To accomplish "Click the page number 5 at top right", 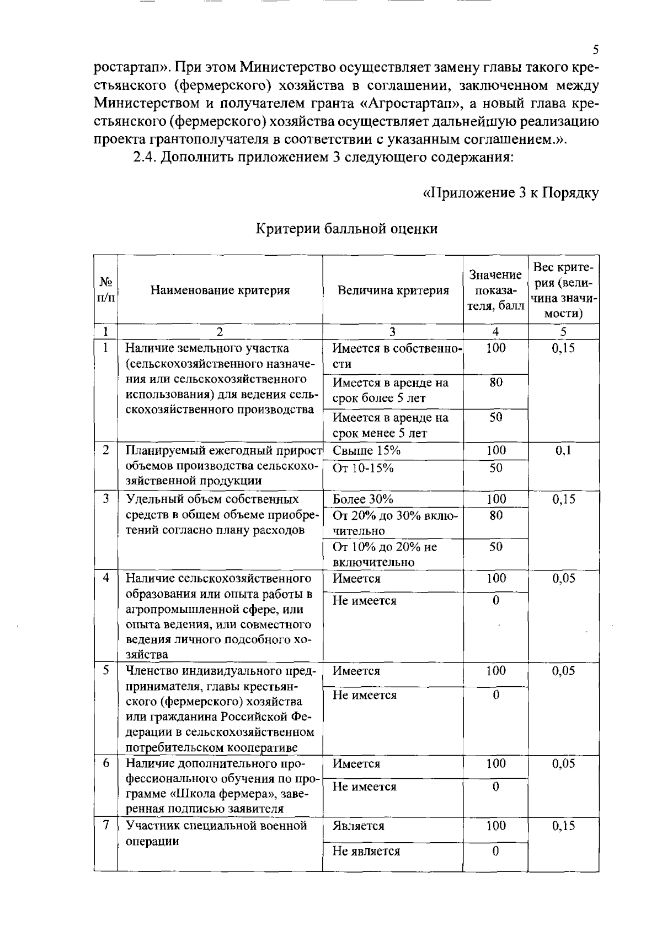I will (x=595, y=50).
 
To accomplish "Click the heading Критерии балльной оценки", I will (x=346, y=229).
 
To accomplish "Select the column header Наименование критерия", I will (x=220, y=290).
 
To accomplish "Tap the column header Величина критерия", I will (x=393, y=290).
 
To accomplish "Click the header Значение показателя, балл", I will (x=495, y=290).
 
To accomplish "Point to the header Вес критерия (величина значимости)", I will (x=563, y=290).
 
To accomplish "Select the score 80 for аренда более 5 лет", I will (x=495, y=382).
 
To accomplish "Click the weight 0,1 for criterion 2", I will (x=563, y=450).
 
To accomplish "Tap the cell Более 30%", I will (x=363, y=499).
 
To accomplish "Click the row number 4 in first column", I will (x=106, y=578).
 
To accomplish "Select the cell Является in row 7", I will (x=359, y=826).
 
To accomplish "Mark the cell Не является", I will (x=366, y=851).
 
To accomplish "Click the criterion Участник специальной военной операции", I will (x=216, y=833).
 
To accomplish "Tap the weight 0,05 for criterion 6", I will (x=563, y=763).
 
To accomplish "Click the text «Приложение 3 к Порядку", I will (x=510, y=193).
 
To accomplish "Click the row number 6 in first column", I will (x=106, y=763).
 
